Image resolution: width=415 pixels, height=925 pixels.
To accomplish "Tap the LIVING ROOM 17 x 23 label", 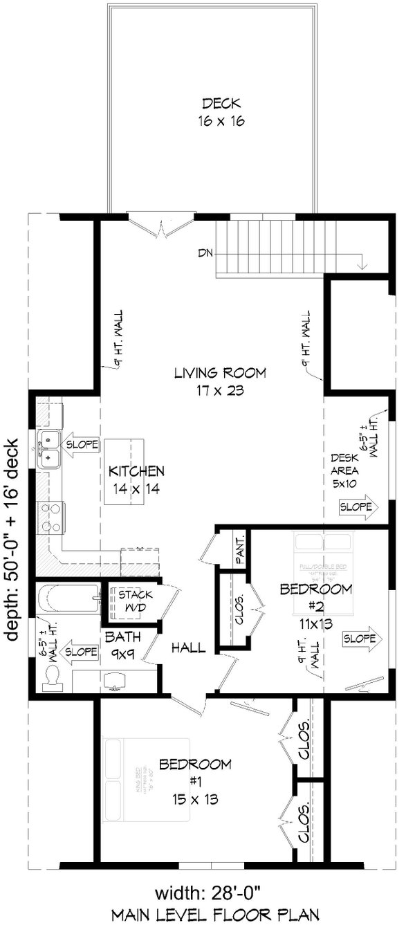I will point(220,381).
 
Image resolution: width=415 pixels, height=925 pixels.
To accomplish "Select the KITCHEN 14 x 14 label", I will point(136,479).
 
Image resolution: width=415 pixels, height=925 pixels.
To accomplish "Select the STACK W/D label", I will point(135,600).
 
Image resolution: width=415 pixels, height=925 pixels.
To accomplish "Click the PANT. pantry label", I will point(240,549).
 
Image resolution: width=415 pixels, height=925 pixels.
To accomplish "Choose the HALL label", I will point(188,648).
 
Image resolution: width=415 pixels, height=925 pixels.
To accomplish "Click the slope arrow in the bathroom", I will point(80,651).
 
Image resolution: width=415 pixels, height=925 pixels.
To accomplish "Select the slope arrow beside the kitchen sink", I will point(81,443).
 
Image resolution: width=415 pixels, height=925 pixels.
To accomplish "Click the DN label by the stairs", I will point(204,253).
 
